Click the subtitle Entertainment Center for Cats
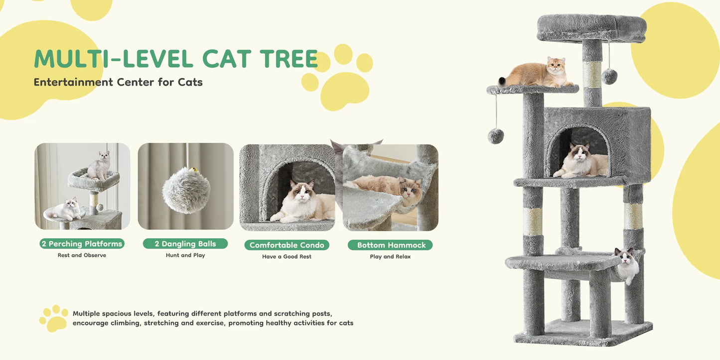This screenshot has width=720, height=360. click(118, 82)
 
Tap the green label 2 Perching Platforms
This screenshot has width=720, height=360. click(82, 243)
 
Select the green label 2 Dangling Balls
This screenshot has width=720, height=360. click(185, 243)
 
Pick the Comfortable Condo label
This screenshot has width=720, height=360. click(287, 245)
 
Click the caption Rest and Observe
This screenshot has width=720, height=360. click(82, 255)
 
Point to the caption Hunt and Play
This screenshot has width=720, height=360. click(185, 255)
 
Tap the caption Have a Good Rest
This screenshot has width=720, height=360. click(287, 257)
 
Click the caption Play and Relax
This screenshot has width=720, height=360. click(390, 257)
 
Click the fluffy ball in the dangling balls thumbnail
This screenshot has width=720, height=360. click(186, 190)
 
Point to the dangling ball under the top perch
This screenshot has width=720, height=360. click(609, 76)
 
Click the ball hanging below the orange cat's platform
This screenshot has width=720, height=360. click(496, 135)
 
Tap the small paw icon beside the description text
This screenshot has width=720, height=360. click(53, 318)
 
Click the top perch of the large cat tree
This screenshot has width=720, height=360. click(591, 28)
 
